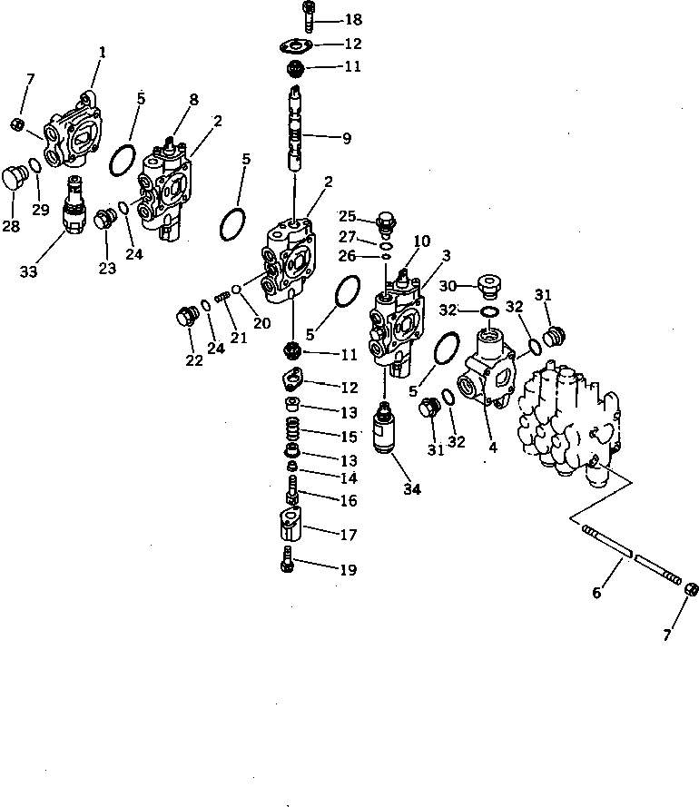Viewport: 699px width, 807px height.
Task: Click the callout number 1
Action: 102,53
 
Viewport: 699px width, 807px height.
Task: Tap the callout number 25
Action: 348,217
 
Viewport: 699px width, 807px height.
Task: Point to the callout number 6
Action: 597,593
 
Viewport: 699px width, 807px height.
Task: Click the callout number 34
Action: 412,490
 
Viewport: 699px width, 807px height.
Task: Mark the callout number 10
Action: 422,241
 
